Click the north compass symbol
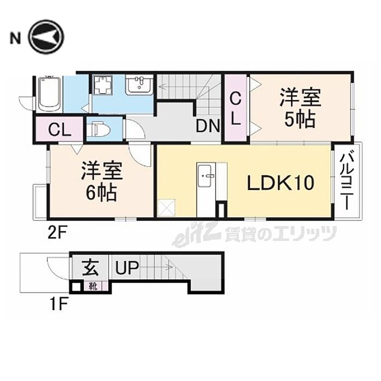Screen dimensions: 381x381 pos(46,37)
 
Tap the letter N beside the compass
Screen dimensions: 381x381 pos(15,38)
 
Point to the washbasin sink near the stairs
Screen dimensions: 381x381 pos(139,84)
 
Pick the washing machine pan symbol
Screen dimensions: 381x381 pos(103,84)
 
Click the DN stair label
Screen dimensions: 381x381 pos(208,126)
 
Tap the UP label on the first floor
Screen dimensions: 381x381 pos(127,268)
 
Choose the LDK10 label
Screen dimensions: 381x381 pos(281,183)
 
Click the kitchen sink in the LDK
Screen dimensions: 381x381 pos(205,175)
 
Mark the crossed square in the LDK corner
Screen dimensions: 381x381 pos(166,207)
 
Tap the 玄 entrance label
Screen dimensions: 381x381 pos(90,268)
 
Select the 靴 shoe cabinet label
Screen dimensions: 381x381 pos(93,287)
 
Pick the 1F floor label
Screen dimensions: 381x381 pos(58,304)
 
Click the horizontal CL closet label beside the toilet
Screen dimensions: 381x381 pos(59,130)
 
